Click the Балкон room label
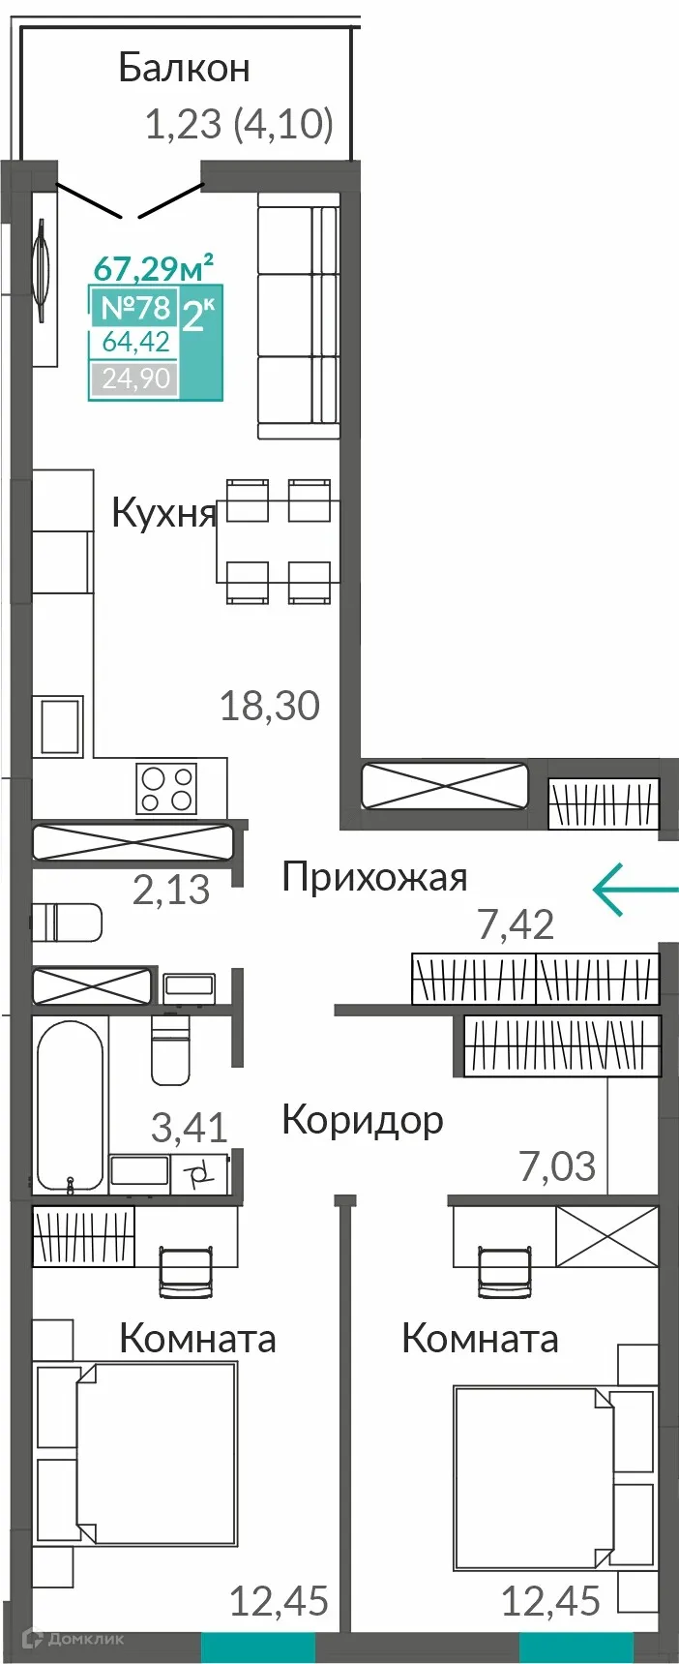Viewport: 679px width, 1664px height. (x=184, y=68)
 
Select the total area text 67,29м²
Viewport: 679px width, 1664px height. (x=153, y=266)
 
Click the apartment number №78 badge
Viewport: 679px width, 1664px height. (x=135, y=308)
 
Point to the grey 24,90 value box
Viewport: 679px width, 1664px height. (x=135, y=378)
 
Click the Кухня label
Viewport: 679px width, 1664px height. (x=163, y=512)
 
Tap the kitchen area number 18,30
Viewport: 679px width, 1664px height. (x=269, y=706)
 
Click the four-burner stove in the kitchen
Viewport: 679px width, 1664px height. (x=166, y=788)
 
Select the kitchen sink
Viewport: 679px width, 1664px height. (x=59, y=726)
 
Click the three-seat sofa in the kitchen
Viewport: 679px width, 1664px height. (x=299, y=316)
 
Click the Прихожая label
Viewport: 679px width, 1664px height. (x=374, y=877)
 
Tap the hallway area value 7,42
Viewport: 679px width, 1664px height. (x=517, y=925)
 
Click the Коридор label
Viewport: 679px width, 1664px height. (x=363, y=1120)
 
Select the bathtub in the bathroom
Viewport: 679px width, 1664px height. (x=70, y=1104)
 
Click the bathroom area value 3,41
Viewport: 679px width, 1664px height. (x=190, y=1128)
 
